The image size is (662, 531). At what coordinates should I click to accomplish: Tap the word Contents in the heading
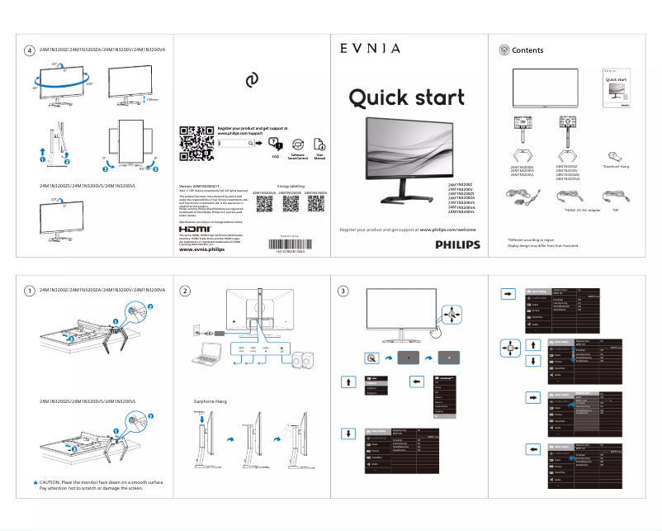point(527,50)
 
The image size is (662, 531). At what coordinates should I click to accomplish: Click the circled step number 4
point(30,51)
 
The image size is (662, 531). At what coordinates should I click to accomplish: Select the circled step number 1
point(30,291)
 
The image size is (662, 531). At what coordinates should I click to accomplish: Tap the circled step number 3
point(344,291)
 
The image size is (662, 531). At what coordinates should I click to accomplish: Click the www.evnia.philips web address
point(201,249)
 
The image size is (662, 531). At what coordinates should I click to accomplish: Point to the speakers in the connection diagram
point(300,362)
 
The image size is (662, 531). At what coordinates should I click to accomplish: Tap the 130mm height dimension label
point(151,100)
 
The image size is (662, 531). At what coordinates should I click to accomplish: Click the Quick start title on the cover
point(406,98)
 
